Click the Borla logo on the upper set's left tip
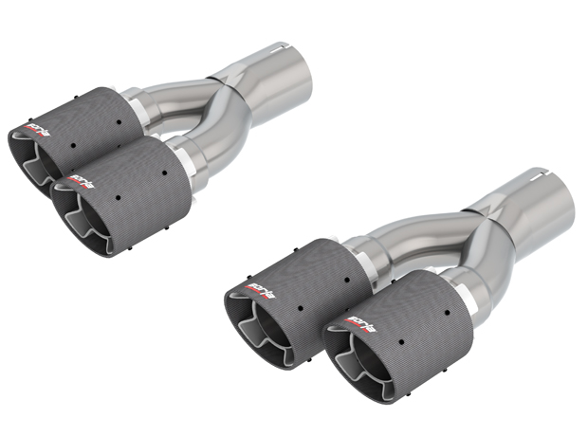point(36,124)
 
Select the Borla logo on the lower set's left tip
point(260,282)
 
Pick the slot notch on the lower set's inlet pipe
point(539,174)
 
